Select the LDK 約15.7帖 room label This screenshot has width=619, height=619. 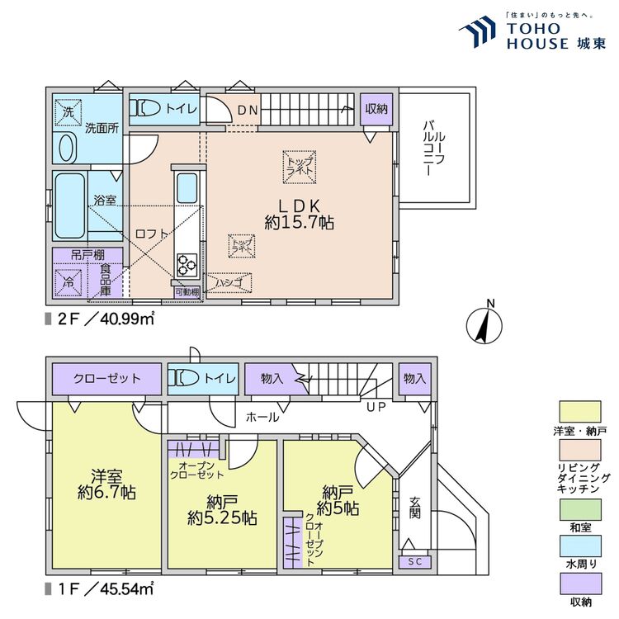(299, 213)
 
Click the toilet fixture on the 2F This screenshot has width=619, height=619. (149, 108)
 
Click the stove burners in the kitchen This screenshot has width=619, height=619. (186, 265)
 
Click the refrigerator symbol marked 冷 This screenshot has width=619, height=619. (69, 281)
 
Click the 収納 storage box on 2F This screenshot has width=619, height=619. (376, 108)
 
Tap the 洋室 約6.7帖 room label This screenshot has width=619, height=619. (106, 484)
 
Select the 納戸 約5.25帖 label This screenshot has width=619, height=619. (220, 509)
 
